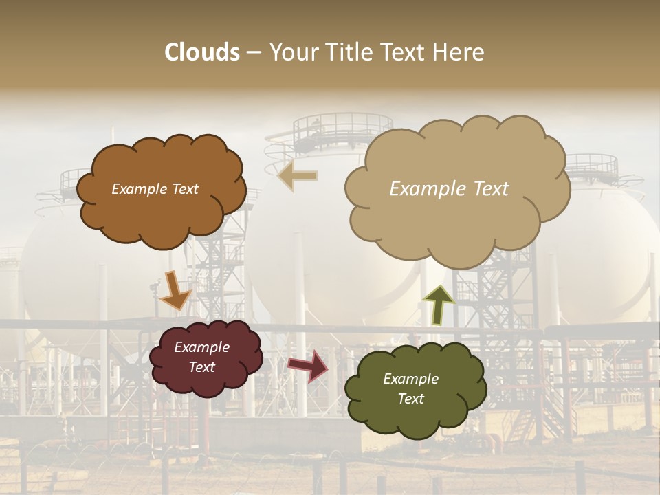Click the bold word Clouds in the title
point(202,52)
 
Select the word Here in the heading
point(459,52)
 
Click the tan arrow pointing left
point(297,176)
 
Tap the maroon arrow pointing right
point(308,365)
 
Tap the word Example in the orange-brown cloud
point(140,189)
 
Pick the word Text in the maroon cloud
point(202,367)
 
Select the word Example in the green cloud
point(410,379)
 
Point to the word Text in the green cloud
point(410,399)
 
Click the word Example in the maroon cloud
point(202,347)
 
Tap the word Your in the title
point(294,52)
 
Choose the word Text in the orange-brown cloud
point(185,189)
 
